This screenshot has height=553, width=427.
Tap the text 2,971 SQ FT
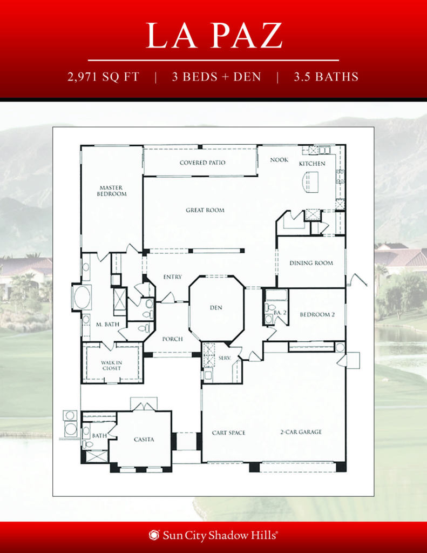(x=103, y=77)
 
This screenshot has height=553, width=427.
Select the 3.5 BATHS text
(x=326, y=77)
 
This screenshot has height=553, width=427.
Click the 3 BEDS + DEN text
(x=216, y=77)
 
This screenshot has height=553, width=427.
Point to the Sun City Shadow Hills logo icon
(x=154, y=535)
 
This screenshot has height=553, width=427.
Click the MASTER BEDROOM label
(x=112, y=191)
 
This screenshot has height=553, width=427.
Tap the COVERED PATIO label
(x=202, y=163)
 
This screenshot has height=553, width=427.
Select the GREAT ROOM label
(x=205, y=210)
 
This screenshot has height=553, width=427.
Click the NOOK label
(x=279, y=160)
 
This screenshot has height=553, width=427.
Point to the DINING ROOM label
(x=311, y=264)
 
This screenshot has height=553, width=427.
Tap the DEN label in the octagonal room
(x=216, y=308)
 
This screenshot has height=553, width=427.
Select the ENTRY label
(x=172, y=277)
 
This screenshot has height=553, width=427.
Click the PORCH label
(x=172, y=339)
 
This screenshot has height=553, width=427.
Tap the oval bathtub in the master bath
(x=82, y=298)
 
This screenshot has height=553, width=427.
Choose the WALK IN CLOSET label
(x=111, y=366)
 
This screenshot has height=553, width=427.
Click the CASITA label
(x=144, y=440)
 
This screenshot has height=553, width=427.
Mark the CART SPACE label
(x=228, y=433)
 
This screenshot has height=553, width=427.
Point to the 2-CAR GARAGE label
(x=301, y=432)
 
